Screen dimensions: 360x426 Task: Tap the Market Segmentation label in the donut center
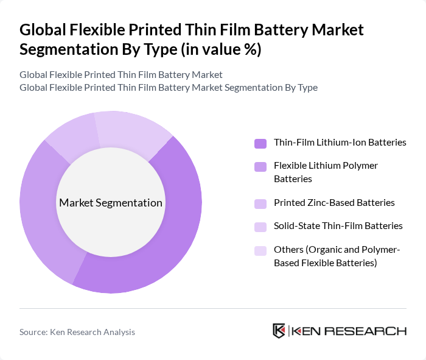point(111,203)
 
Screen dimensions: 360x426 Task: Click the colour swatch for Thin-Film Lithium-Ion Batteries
point(260,143)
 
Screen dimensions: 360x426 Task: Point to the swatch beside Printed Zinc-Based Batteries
point(260,203)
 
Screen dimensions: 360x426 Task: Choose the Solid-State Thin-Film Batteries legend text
point(338,225)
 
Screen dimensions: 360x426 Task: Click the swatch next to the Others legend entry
point(260,250)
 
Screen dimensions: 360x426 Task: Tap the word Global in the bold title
point(43,30)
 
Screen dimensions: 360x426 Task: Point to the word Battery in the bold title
point(283,30)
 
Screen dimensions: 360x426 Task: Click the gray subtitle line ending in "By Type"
point(169,87)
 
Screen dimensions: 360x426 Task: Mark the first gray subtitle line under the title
point(121,74)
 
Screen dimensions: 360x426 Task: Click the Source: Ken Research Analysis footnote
point(77,332)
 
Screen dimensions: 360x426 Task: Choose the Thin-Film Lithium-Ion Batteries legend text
point(340,143)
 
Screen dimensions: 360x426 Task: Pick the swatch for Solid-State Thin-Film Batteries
point(260,227)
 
